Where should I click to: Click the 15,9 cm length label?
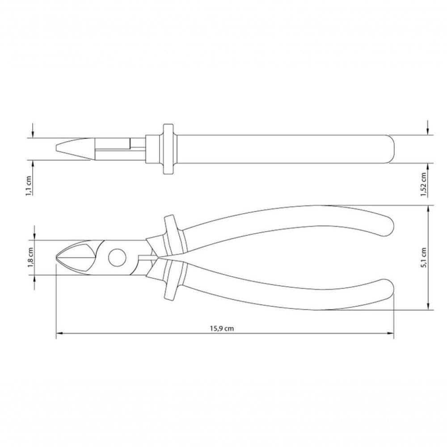(x=222, y=329)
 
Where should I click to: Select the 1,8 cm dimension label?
(x=31, y=258)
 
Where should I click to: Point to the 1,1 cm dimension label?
(x=29, y=186)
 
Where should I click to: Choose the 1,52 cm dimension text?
(x=423, y=185)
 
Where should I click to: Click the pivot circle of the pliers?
(x=117, y=258)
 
